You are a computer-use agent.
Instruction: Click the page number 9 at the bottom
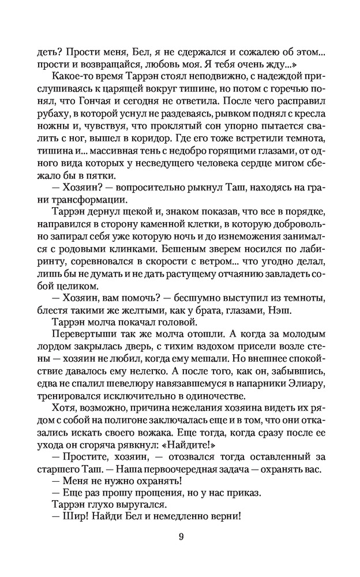point(181,537)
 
